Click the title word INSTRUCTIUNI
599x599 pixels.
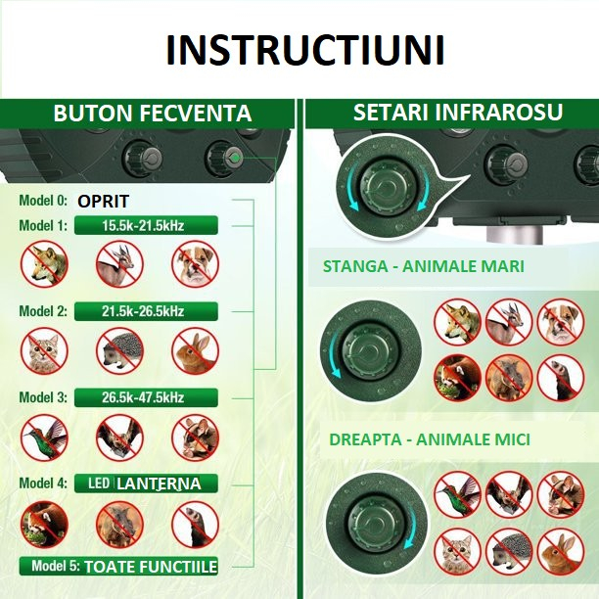coord(304,50)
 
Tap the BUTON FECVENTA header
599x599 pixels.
coord(152,114)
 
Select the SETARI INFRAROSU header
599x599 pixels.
coord(458,113)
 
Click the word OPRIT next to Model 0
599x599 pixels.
coord(104,202)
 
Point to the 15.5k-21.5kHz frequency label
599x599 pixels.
coord(143,225)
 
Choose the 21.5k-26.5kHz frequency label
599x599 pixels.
coord(143,311)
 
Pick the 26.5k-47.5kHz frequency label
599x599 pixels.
coord(143,397)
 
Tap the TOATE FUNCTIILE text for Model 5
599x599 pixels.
coord(150,567)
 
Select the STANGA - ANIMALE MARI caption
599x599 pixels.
coord(424,266)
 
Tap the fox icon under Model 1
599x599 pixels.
coord(45,264)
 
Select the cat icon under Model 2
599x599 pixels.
coord(45,350)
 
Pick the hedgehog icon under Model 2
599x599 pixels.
coord(119,350)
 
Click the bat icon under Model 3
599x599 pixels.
coord(119,438)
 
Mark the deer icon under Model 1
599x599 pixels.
coord(119,264)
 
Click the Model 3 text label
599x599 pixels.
coord(43,397)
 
